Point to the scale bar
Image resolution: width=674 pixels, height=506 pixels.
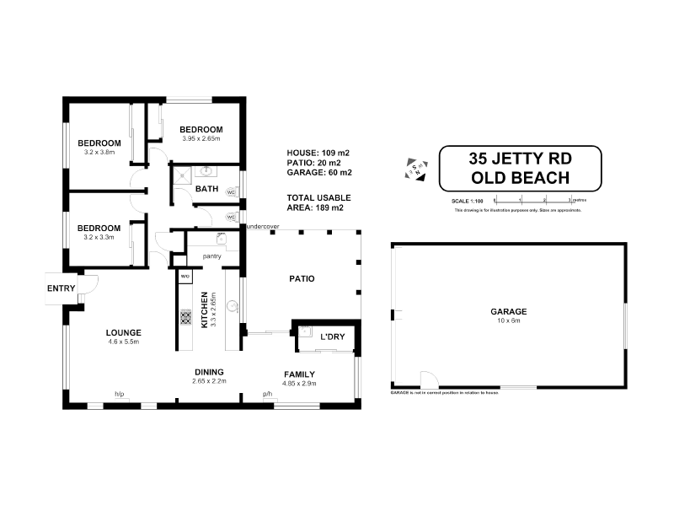[532, 200]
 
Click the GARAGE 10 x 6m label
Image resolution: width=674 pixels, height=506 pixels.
[508, 315]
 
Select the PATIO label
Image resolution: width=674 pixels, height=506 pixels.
[302, 278]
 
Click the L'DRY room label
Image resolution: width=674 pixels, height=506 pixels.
[332, 338]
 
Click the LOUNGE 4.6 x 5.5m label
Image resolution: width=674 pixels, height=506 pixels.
[123, 336]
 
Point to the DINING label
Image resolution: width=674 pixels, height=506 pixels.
[208, 371]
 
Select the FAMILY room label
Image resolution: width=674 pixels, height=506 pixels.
[298, 374]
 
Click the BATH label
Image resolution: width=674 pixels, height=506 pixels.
[206, 189]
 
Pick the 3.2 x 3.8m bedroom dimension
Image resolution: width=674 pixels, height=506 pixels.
[100, 153]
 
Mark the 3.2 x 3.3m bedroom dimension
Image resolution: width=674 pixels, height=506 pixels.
[100, 237]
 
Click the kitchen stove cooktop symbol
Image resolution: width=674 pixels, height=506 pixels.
[185, 320]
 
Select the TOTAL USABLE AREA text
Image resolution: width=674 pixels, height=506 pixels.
[318, 202]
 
